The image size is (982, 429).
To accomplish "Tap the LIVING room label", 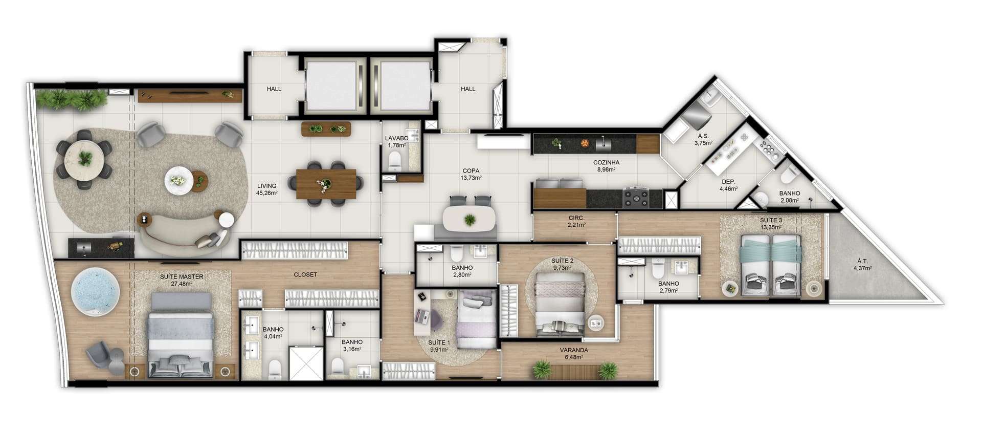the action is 266,186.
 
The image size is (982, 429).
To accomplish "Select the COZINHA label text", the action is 607,163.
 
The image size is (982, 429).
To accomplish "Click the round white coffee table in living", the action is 179,180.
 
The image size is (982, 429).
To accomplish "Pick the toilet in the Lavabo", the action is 395,162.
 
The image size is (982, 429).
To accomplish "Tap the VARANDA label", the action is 574,350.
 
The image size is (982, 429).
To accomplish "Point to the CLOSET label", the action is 305,274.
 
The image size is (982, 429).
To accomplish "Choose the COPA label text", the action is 471,171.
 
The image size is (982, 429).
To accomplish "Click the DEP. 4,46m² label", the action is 728,185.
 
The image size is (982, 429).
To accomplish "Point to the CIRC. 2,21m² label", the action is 577,221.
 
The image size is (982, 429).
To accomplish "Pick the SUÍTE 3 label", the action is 771,220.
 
